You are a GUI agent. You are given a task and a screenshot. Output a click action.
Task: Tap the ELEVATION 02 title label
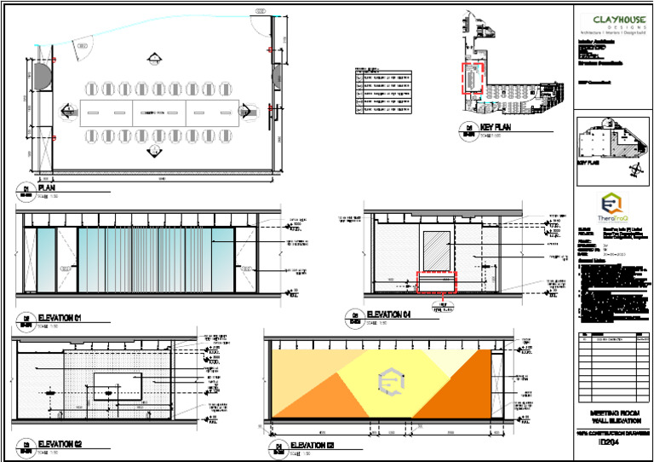(60, 443)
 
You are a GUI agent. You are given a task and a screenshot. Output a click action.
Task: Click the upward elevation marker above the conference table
(154, 59)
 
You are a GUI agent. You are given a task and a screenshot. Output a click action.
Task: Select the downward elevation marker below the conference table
(154, 151)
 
